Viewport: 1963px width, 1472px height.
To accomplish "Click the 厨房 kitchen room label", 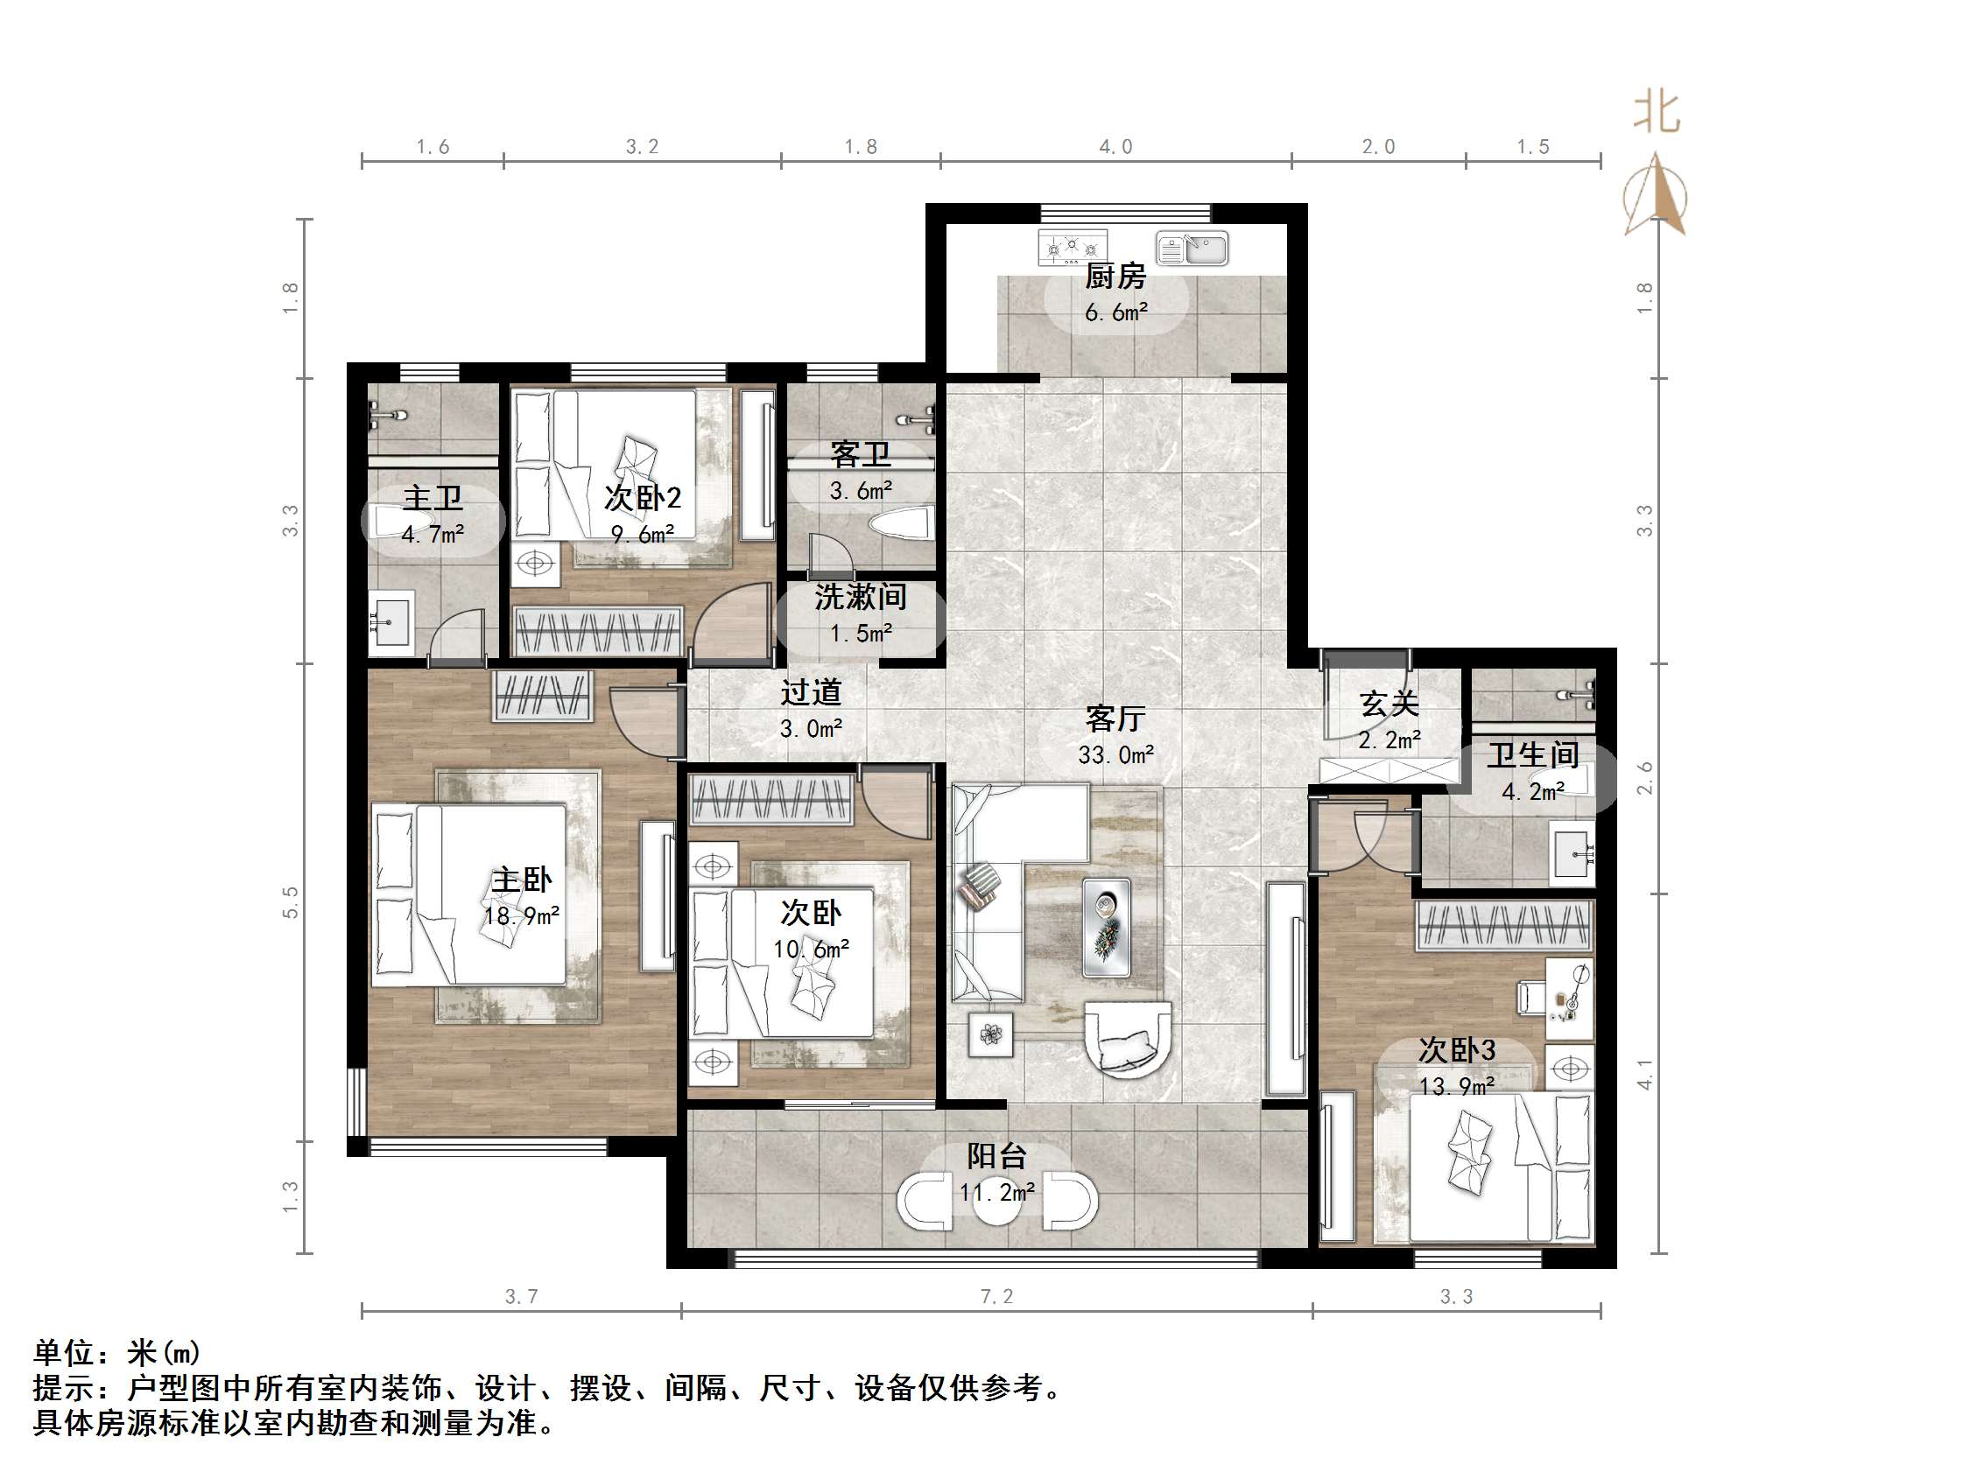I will click(x=1115, y=276).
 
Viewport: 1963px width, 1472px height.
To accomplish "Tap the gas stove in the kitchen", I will click(x=1073, y=247).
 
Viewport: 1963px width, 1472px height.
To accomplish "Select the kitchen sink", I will click(x=1192, y=249).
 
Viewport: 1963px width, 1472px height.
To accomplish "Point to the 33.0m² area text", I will click(x=1115, y=755).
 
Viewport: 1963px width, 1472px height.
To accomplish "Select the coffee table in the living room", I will click(x=1106, y=927).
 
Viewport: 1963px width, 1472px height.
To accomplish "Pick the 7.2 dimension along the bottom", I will click(x=996, y=1296).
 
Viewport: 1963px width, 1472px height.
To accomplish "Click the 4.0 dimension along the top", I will click(x=1115, y=147).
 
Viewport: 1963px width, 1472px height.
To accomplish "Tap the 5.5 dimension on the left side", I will click(x=290, y=902).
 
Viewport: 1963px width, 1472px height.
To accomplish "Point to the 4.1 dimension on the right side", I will click(x=1644, y=1074).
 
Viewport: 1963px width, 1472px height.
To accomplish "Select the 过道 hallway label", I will click(x=810, y=692).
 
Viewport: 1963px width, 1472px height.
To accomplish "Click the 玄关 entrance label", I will click(x=1389, y=704).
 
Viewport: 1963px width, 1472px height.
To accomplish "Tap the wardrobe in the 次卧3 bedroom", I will click(x=1503, y=925).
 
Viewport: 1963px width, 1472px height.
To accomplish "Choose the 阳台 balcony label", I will click(x=996, y=1156).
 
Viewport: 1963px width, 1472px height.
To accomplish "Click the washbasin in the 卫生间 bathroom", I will click(x=1572, y=853).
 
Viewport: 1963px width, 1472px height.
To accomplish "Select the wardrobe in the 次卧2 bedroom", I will click(x=599, y=631).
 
